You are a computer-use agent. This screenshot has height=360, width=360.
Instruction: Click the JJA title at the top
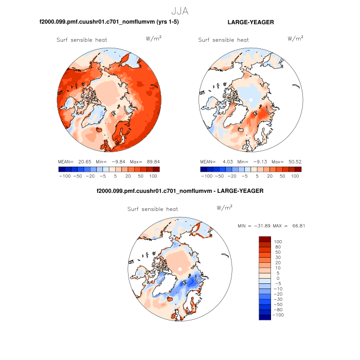pos(180,10)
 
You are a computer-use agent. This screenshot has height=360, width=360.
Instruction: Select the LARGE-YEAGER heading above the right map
pos(250,23)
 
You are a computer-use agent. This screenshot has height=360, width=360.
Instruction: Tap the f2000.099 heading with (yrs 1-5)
pos(109,23)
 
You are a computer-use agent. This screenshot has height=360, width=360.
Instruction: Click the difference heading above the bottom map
pos(180,191)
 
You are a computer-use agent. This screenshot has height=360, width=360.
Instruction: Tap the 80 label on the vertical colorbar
pos(278,247)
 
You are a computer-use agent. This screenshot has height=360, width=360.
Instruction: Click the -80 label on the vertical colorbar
pos(278,310)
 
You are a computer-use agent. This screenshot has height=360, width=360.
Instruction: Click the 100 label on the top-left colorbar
pos(153,176)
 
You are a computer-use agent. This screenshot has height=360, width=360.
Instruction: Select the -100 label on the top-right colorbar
pos(206,176)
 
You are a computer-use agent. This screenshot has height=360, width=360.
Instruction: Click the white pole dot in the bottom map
pos(180,269)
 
